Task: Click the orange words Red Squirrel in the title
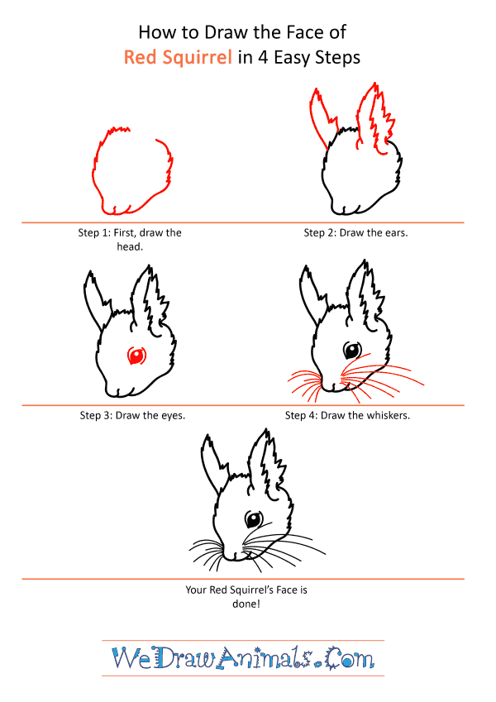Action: coord(178,58)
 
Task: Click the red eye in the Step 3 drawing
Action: coord(136,356)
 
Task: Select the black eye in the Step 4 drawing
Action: coord(352,351)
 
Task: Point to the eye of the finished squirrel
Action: coord(253,519)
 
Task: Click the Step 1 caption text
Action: coord(130,240)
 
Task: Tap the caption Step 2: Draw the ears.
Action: coord(356,233)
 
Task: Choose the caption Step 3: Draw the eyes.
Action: coord(132,415)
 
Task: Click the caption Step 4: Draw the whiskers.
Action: coord(347,415)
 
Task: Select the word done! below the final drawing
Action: coord(246,604)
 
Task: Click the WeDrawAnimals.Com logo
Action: coord(243,658)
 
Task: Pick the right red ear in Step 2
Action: coord(375,117)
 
